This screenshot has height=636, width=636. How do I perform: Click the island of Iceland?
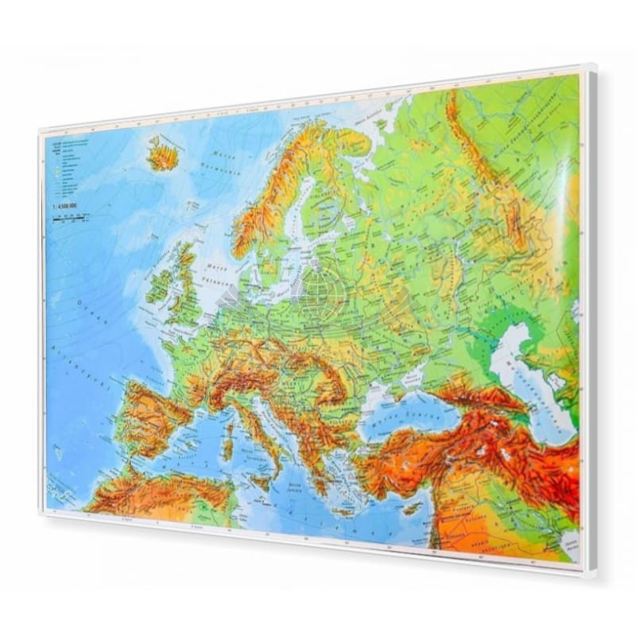[x=163, y=153]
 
